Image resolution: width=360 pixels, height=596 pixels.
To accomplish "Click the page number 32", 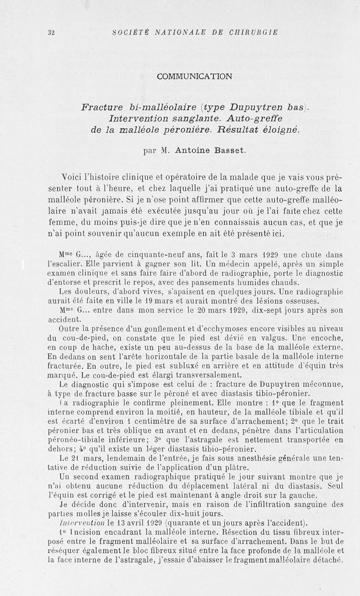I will [x=50, y=32].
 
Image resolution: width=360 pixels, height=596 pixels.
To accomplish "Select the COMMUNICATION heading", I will [x=195, y=76].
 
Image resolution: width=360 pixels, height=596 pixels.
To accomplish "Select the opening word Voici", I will [x=72, y=177].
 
